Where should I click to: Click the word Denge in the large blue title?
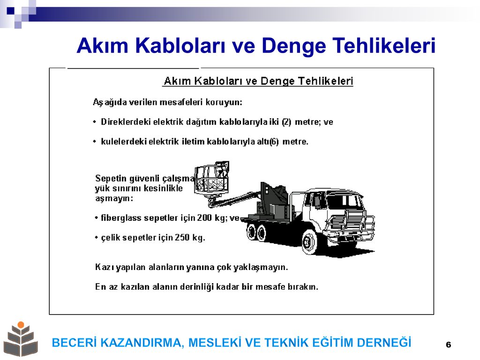(x=294, y=46)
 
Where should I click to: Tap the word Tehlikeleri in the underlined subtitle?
(x=325, y=81)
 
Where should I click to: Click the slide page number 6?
(x=449, y=345)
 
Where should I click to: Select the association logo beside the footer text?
(x=21, y=339)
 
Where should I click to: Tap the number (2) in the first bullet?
(x=286, y=122)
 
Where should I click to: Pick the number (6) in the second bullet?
(x=274, y=142)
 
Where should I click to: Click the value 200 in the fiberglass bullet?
(x=204, y=217)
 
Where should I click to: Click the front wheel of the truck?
(x=310, y=242)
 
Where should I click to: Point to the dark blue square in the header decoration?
(x=10, y=11)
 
